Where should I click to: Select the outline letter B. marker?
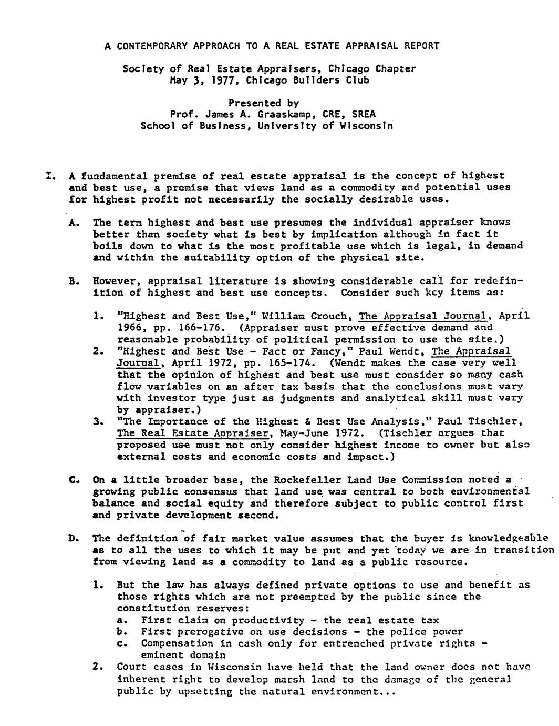pos(74,281)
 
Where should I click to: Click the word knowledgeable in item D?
pos(509,538)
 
